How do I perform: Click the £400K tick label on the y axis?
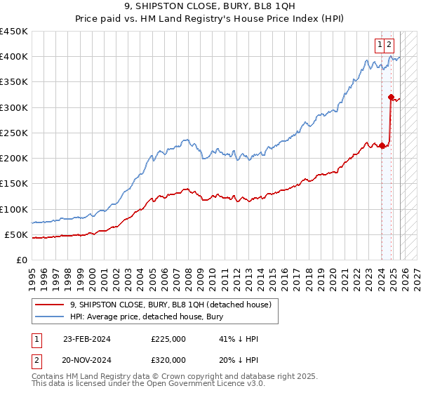click(x=13, y=57)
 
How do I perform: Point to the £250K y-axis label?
click(x=13, y=133)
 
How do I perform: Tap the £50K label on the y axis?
click(x=16, y=234)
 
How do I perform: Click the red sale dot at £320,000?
click(x=391, y=98)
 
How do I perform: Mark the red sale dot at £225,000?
click(x=382, y=146)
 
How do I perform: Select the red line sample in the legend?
click(x=49, y=305)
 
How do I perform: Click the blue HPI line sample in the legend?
click(x=49, y=317)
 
